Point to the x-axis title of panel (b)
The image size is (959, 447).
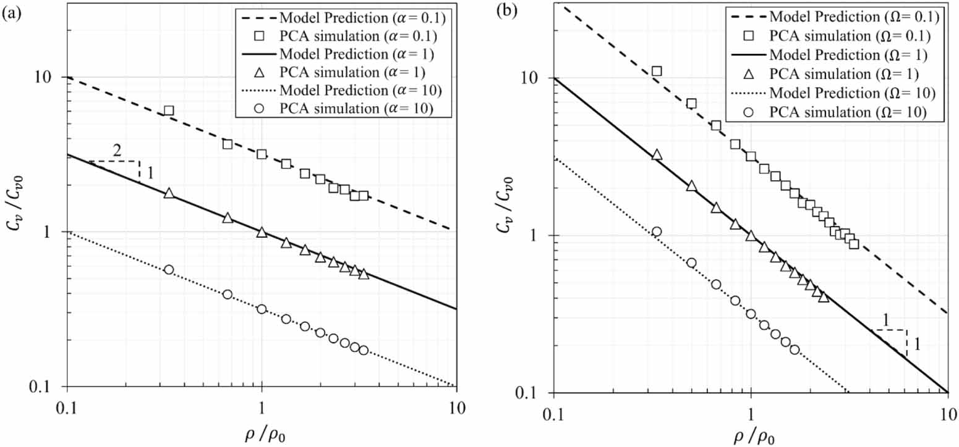pos(749,435)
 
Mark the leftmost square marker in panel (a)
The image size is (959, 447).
pos(168,111)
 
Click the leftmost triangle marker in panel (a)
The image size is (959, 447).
pos(168,193)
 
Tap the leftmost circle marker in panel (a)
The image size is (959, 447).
pos(168,270)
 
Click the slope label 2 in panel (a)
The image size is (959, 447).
pos(116,151)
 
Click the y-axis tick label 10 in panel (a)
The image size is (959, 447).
pos(50,78)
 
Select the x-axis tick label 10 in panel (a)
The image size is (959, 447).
pos(456,407)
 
